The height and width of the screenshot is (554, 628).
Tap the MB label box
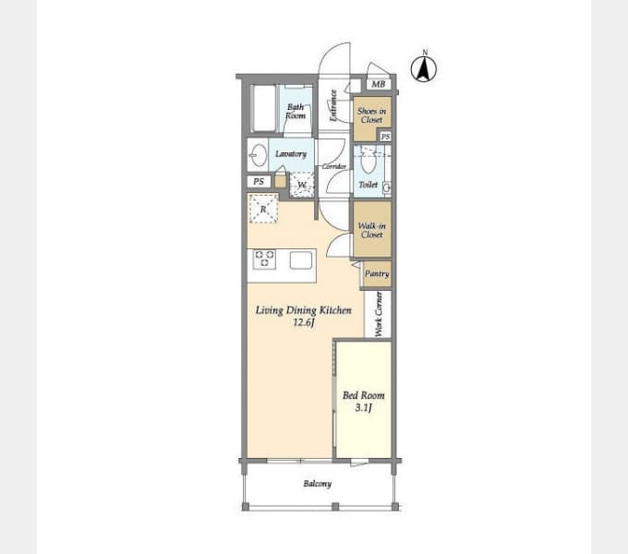pos(379,84)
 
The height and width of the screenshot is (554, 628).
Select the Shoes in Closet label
pos(372,115)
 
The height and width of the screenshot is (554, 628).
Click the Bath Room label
pos(296,112)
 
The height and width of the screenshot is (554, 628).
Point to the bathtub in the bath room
pos(264,108)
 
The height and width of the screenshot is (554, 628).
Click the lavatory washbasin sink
pos(259,155)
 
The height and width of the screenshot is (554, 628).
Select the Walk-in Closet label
pos(372,230)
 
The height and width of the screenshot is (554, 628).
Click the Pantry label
pos(377,274)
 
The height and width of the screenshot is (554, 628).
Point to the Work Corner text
pos(379,314)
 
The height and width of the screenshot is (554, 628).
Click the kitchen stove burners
pos(264,259)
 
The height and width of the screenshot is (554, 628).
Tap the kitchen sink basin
pos(301,260)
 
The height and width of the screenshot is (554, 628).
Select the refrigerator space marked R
pos(263,208)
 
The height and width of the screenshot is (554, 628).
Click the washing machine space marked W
pos(302,185)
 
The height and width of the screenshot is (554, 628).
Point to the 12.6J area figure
pos(303,322)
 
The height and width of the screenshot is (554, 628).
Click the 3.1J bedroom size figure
pos(364,407)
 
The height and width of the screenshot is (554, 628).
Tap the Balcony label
pos(318,484)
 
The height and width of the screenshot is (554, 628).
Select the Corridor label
pos(334,166)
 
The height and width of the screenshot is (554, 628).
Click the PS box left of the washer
pos(259,181)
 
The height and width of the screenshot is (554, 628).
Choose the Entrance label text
pos(333,105)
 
